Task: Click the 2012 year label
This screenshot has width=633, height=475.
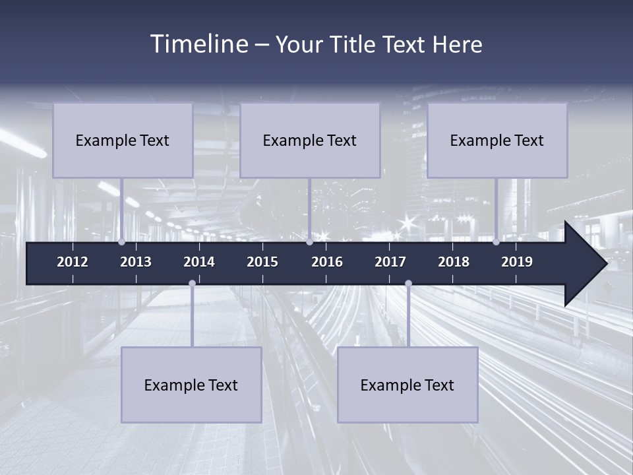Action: pyautogui.click(x=73, y=262)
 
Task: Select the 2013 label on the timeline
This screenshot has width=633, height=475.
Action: pyautogui.click(x=136, y=262)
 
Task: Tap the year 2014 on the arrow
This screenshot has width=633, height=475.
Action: pyautogui.click(x=199, y=262)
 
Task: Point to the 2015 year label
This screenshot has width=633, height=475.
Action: pyautogui.click(x=262, y=262)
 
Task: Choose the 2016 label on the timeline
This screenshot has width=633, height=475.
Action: pyautogui.click(x=327, y=262)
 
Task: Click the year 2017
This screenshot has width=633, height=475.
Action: pyautogui.click(x=390, y=262)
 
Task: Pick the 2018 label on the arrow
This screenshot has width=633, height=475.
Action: pyautogui.click(x=454, y=262)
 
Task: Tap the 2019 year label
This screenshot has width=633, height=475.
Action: pyautogui.click(x=517, y=262)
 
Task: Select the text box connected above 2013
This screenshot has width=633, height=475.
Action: pyautogui.click(x=123, y=140)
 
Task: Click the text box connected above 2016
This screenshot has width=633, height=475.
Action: pyautogui.click(x=310, y=140)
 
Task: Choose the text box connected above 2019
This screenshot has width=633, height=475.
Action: pyautogui.click(x=497, y=140)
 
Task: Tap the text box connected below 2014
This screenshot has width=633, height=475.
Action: pyautogui.click(x=191, y=385)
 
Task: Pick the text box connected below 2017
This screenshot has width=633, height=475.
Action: pyautogui.click(x=407, y=385)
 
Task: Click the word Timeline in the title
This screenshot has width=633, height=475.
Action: pyautogui.click(x=199, y=44)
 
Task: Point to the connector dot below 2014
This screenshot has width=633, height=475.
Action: pyautogui.click(x=192, y=284)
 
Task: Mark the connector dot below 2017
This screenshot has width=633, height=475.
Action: pyautogui.click(x=408, y=284)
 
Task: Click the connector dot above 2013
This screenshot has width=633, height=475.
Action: pyautogui.click(x=121, y=241)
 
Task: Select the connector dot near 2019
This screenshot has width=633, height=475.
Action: pyautogui.click(x=496, y=241)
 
